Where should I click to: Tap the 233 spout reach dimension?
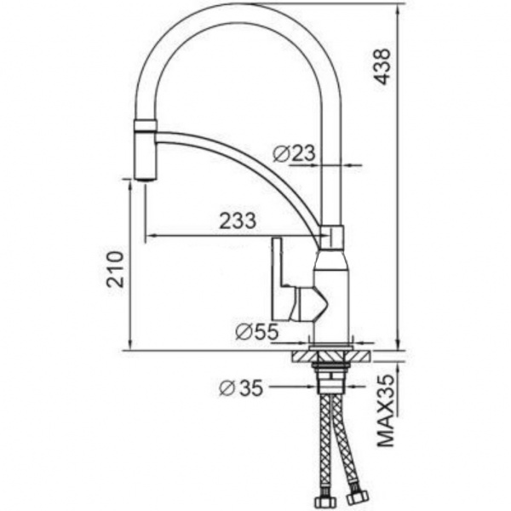tap(238, 221)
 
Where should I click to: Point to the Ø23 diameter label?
tap(295, 154)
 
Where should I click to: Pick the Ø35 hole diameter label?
tap(240, 388)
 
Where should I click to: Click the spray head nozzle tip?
tap(146, 175)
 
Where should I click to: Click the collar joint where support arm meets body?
tap(331, 237)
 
